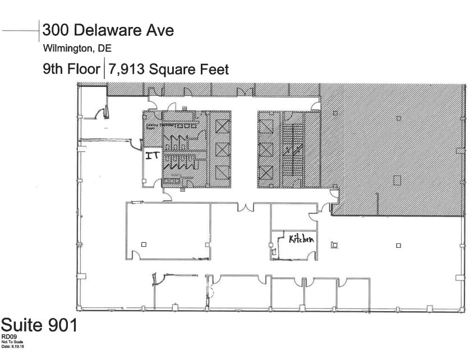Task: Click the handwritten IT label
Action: point(152,155)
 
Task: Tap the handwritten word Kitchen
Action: point(301,239)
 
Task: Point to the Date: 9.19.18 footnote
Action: point(13,347)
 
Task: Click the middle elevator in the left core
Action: point(223,150)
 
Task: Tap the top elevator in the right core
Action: point(265,126)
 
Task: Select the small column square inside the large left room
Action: point(144,244)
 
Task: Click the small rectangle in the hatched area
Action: point(397,180)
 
